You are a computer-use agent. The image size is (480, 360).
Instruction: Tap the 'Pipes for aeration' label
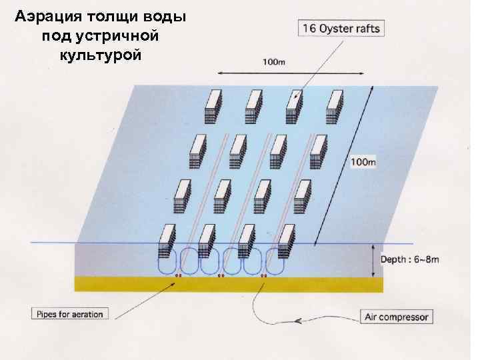[x=69, y=313]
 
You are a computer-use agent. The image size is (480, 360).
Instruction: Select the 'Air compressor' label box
[x=396, y=317]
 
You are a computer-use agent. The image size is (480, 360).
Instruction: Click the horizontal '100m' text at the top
[x=273, y=62]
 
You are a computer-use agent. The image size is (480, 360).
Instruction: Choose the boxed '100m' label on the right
[x=363, y=163]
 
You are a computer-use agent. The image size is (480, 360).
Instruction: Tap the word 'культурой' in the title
[x=100, y=54]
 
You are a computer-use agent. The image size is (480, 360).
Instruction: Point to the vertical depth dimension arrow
[x=372, y=260]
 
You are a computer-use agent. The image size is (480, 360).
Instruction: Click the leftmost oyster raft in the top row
[x=213, y=105]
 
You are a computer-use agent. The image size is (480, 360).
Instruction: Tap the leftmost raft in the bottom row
[x=167, y=242]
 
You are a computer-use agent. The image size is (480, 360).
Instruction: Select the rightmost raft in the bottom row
[x=287, y=241]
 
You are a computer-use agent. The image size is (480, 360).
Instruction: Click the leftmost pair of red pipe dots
[x=178, y=275]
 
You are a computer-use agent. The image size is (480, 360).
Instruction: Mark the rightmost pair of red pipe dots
[x=264, y=275]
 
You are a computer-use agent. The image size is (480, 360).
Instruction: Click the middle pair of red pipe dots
[x=221, y=275]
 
